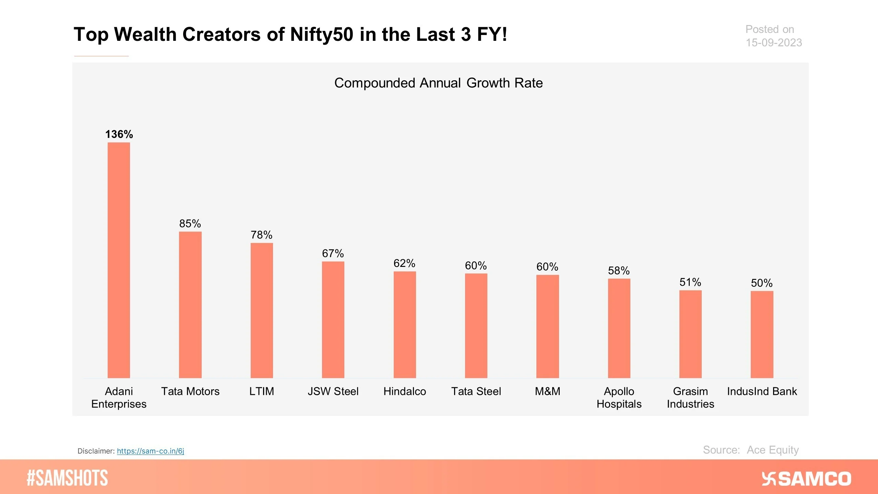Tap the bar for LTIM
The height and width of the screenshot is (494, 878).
pos(262,310)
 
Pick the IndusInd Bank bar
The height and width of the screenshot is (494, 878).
pos(762,334)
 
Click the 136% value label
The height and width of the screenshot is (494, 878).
pos(119,134)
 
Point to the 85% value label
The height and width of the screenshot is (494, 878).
pos(190,224)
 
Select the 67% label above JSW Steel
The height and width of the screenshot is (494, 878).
pos(333,254)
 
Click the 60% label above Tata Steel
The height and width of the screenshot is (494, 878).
pos(476,266)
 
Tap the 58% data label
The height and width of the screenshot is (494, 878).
pos(619,271)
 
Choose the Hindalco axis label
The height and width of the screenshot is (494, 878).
pos(404,391)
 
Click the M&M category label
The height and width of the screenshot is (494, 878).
pos(547,391)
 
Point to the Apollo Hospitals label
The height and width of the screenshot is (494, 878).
pos(619,398)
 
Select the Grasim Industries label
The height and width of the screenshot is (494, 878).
pos(690,398)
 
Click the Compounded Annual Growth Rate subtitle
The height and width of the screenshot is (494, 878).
pos(438,83)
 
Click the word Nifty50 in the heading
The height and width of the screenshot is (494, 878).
pos(321,34)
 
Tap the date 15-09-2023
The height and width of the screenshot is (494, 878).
pos(774,43)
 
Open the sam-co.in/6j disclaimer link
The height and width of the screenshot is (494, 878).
pos(150,451)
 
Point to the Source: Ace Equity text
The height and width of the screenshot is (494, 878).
pos(750,450)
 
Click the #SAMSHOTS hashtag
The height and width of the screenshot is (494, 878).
pos(67,478)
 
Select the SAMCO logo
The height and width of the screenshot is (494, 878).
pos(806,479)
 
